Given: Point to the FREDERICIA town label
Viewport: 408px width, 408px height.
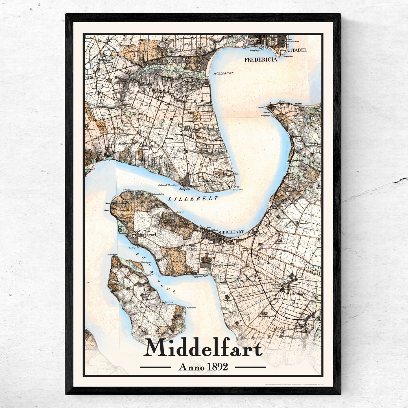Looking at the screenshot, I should pyautogui.click(x=261, y=60).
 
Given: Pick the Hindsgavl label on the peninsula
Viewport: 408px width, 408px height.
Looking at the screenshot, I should pyautogui.click(x=146, y=234).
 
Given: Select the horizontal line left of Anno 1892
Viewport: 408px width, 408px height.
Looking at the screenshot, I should pyautogui.click(x=155, y=367).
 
